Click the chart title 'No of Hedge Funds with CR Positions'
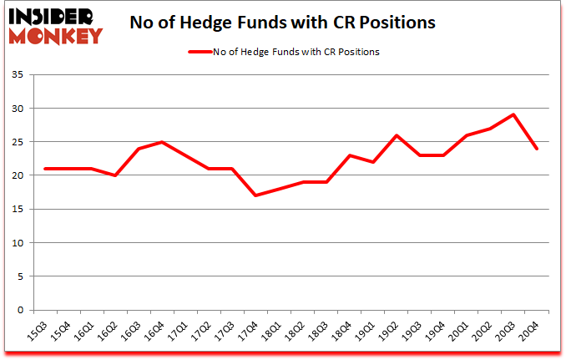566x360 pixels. (282, 23)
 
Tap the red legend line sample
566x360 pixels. (200, 52)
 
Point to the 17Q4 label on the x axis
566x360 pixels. (250, 332)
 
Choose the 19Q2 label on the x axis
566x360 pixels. (390, 332)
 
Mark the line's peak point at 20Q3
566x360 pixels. (513, 114)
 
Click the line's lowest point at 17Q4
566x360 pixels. (255, 195)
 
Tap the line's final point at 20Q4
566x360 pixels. (537, 149)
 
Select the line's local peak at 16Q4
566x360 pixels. (161, 142)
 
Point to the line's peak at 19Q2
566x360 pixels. (396, 135)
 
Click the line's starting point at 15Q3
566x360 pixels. (44, 169)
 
